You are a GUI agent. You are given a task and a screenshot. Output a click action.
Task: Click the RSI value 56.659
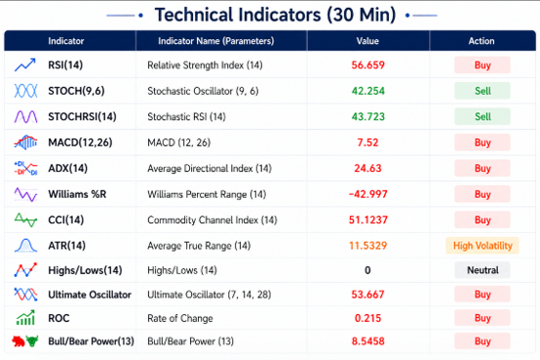pos(367,64)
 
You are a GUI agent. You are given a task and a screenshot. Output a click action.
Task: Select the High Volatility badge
pos(482,246)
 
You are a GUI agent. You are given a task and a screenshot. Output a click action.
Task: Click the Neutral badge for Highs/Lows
pos(482,270)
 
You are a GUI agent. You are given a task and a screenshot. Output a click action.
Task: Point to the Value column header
pos(367,41)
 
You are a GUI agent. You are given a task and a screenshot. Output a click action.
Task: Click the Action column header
pos(482,41)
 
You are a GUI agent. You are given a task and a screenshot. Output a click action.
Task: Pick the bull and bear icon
pos(25,341)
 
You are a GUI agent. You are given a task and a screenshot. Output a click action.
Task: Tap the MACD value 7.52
pos(367,142)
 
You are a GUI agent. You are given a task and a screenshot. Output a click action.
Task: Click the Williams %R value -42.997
pos(367,194)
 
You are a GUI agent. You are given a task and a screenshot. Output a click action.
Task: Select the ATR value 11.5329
pos(367,246)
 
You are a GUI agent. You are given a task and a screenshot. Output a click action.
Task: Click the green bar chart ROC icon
pos(25,318)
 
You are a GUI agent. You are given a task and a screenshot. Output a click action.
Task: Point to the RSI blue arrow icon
pos(24,64)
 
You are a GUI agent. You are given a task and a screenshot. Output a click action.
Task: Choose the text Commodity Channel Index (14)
pos(212,220)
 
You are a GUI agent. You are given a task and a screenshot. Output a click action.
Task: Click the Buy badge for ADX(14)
pos(482,168)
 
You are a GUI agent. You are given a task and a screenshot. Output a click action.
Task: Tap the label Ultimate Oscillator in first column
pos(90,295)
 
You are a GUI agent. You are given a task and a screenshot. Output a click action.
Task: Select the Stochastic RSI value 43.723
pos(367,116)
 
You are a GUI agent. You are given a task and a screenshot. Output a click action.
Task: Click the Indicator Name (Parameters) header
pos(216,41)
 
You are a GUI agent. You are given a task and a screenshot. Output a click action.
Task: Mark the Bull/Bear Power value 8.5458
pos(367,341)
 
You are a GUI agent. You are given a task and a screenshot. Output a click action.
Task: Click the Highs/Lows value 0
pos(367,270)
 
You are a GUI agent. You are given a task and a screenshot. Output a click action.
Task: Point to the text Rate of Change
pos(180,318)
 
